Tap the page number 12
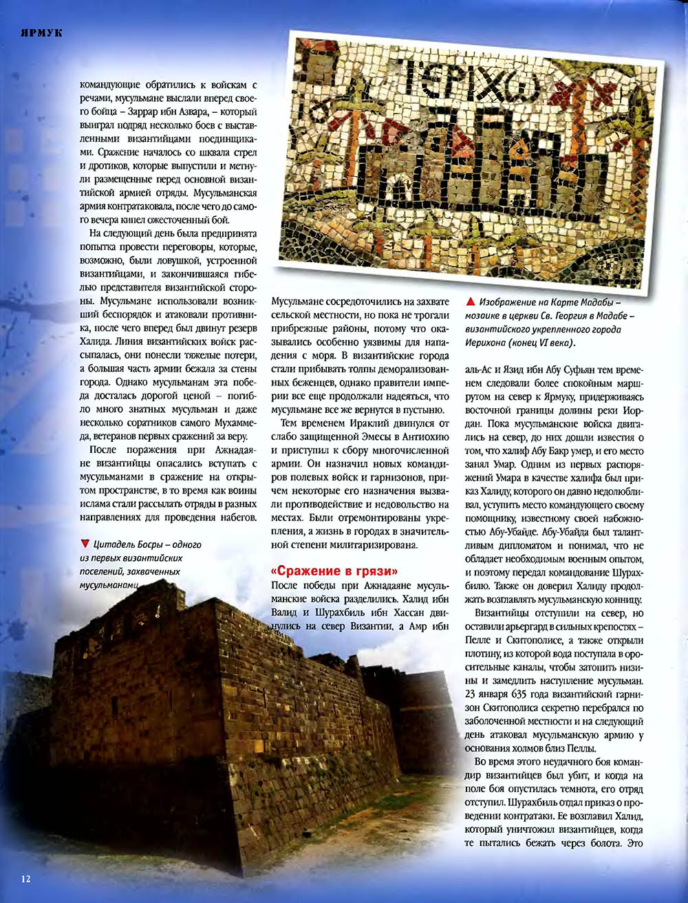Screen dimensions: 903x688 point(25,878)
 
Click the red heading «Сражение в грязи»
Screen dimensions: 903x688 point(335,571)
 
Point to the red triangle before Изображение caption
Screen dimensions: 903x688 point(471,301)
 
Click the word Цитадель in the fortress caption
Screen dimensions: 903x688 point(114,544)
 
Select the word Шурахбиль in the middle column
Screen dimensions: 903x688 point(346,613)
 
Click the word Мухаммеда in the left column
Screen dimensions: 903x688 point(234,423)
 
